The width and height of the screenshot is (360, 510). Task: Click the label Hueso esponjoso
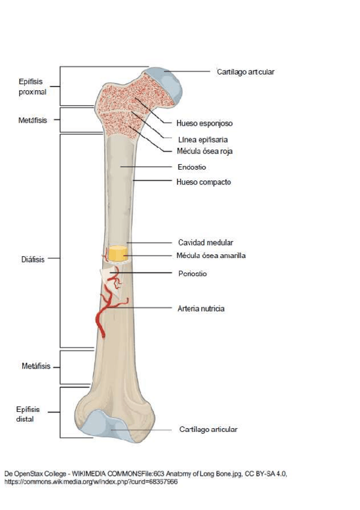pyautogui.click(x=204, y=123)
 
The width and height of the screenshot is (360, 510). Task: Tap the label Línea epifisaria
pyautogui.click(x=202, y=139)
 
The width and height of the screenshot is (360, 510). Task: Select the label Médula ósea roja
pyautogui.click(x=204, y=152)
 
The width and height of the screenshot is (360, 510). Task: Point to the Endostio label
pyautogui.click(x=192, y=167)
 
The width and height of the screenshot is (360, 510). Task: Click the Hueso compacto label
pyautogui.click(x=204, y=181)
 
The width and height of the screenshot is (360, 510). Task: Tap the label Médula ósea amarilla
pyautogui.click(x=211, y=256)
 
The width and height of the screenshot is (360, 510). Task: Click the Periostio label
pyautogui.click(x=192, y=274)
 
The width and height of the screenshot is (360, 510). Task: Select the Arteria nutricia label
pyautogui.click(x=201, y=308)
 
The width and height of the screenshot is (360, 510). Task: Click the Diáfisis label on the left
pyautogui.click(x=31, y=260)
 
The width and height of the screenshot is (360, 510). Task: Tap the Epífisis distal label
pyautogui.click(x=28, y=414)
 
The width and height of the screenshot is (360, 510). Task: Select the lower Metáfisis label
pyautogui.click(x=32, y=366)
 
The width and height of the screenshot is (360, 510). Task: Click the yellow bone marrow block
pyautogui.click(x=118, y=254)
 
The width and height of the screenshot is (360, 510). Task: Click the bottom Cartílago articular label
pyautogui.click(x=208, y=429)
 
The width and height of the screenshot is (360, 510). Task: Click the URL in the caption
pyautogui.click(x=91, y=482)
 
